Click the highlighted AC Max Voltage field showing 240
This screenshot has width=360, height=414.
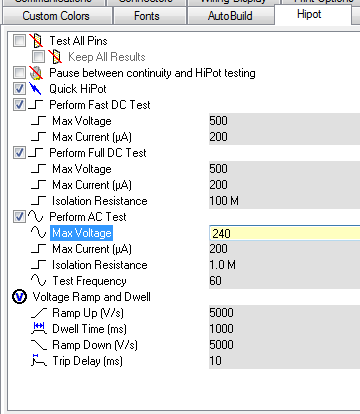point(280,233)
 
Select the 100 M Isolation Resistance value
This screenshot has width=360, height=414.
point(280,201)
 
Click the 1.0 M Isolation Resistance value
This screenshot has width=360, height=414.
point(280,265)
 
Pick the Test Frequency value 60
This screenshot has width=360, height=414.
point(280,281)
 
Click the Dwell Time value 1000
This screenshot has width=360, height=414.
point(280,329)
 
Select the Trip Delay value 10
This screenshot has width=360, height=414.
point(280,361)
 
